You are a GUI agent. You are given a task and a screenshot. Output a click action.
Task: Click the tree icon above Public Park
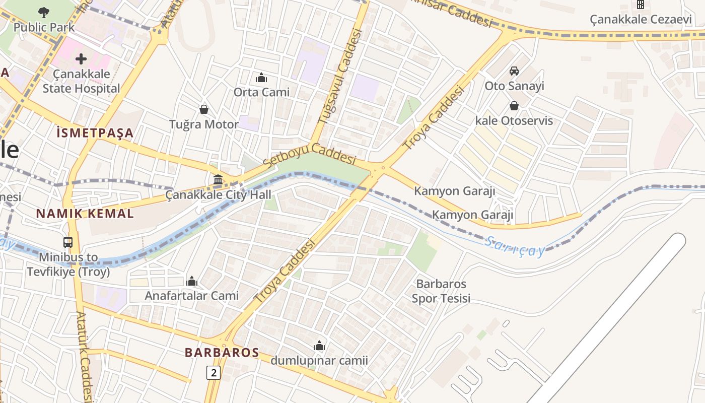point(44,12)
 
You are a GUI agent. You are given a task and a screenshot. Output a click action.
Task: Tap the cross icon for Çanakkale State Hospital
point(81,59)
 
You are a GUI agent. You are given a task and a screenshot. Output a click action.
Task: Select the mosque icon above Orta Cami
point(261,78)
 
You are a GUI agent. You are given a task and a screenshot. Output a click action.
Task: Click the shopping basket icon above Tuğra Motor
point(204,109)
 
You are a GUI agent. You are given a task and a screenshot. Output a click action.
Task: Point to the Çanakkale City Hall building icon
point(218,179)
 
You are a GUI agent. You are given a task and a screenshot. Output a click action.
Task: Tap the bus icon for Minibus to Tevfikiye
point(68,242)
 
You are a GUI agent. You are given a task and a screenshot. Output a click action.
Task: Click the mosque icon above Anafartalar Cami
point(192,281)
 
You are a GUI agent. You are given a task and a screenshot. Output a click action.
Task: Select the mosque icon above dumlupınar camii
point(319,346)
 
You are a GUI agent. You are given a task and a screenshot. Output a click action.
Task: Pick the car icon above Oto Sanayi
point(514,71)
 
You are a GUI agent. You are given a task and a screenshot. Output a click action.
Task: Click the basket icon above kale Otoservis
point(514,106)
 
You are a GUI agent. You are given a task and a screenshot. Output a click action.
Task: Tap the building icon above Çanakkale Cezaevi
point(641,5)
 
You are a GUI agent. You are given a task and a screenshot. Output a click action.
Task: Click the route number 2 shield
point(214,373)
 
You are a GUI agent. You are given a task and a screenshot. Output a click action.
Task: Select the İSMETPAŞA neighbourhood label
point(95,133)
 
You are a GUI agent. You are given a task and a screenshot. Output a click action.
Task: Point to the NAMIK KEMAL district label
point(85,213)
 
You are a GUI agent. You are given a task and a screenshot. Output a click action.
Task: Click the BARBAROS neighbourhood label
point(222,352)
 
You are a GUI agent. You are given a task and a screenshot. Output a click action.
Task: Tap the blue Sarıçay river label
point(514,247)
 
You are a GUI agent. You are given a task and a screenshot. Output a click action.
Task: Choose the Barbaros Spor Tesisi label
point(441,291)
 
